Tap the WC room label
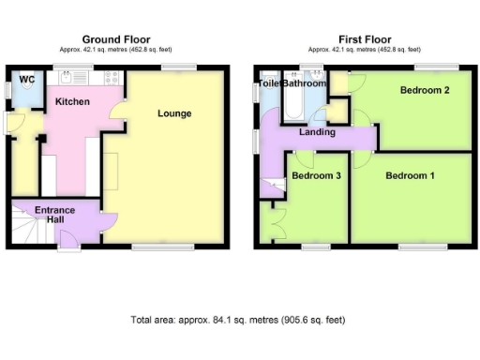(x=27, y=81)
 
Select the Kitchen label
(x=72, y=100)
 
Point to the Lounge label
(x=174, y=113)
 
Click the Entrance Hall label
(x=56, y=215)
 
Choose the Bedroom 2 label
(x=423, y=91)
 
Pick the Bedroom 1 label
(x=410, y=176)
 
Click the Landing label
(x=317, y=132)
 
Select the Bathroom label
(x=305, y=83)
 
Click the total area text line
(x=238, y=320)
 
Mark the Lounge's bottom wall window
(x=151, y=247)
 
